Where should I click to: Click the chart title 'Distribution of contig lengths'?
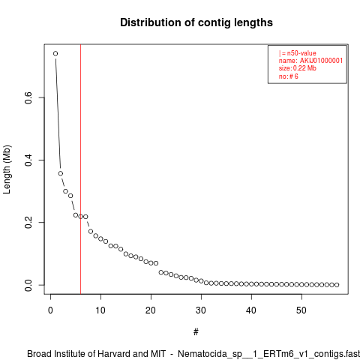[x=196, y=22]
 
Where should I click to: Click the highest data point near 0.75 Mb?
[x=55, y=53]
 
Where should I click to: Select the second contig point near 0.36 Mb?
[x=61, y=173]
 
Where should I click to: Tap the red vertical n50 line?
[x=80, y=169]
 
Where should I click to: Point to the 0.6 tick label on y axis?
[x=28, y=97]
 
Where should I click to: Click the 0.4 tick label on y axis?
[x=28, y=160]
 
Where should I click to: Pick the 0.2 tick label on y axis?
[x=28, y=222]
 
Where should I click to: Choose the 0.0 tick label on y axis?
[x=28, y=285]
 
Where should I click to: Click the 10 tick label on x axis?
[x=100, y=310]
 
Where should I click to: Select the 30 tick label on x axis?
[x=201, y=310]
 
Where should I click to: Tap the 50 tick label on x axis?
[x=301, y=310]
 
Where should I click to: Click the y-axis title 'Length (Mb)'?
[x=7, y=169]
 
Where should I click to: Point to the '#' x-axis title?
[x=196, y=332]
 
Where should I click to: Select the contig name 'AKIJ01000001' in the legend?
[x=321, y=61]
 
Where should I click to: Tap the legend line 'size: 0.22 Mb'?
[x=298, y=68]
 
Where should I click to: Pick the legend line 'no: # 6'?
[x=289, y=76]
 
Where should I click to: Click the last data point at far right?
[x=337, y=285]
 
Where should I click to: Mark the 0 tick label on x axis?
[x=50, y=310]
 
